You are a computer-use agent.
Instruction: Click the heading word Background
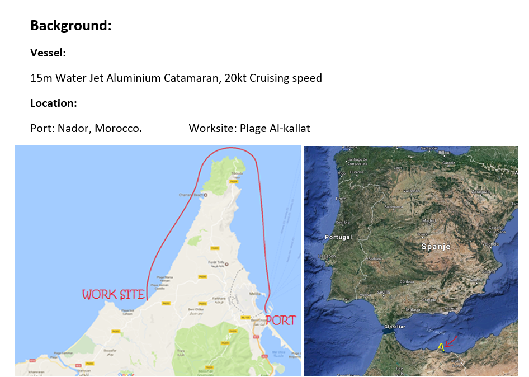pyautogui.click(x=70, y=26)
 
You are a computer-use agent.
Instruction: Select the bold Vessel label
pyautogui.click(x=48, y=53)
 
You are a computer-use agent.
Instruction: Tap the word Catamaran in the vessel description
pyautogui.click(x=190, y=78)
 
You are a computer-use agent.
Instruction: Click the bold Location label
pyautogui.click(x=53, y=103)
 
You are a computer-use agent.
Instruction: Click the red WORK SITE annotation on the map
pyautogui.click(x=114, y=294)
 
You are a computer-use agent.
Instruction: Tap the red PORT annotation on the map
pyautogui.click(x=280, y=321)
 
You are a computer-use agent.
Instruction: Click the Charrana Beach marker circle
pyautogui.click(x=205, y=195)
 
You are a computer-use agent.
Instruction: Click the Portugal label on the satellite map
pyautogui.click(x=338, y=237)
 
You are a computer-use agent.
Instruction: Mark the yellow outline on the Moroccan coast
pyautogui.click(x=441, y=347)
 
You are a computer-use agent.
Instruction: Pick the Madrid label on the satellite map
pyautogui.click(x=429, y=220)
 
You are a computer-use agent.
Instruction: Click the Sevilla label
pyautogui.click(x=384, y=292)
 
